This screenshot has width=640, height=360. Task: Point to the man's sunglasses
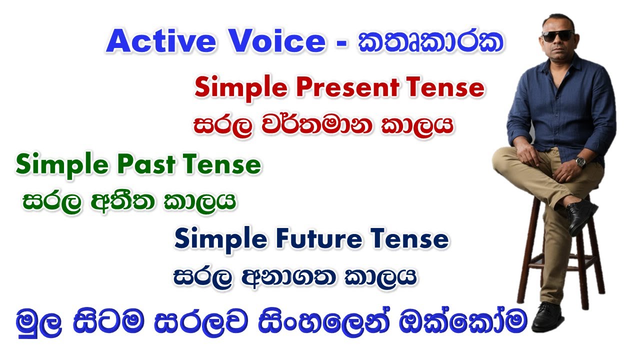pos(557,35)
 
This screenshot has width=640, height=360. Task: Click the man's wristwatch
pos(580,161)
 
